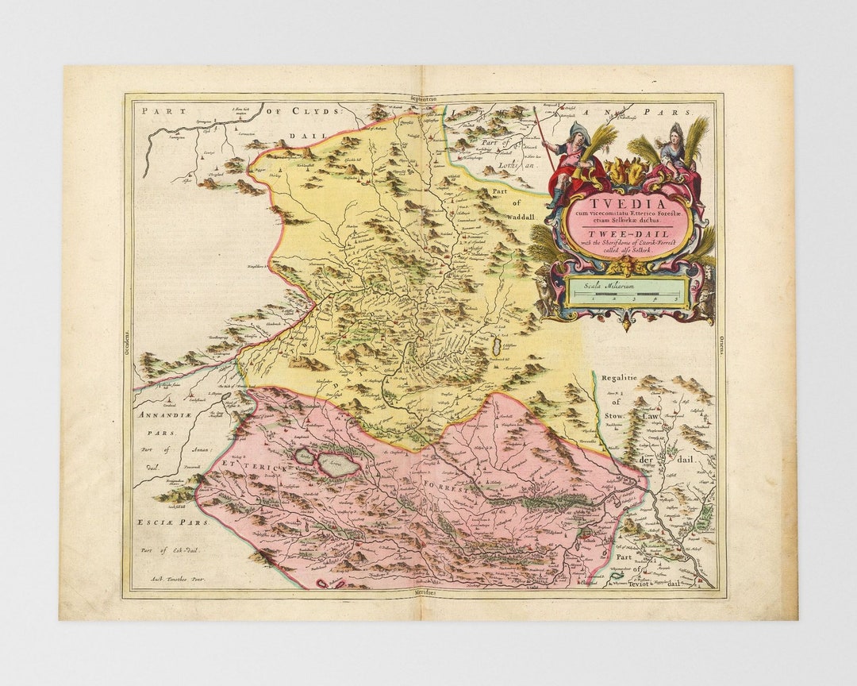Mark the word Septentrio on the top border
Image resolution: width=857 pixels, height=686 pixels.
[424, 98]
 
